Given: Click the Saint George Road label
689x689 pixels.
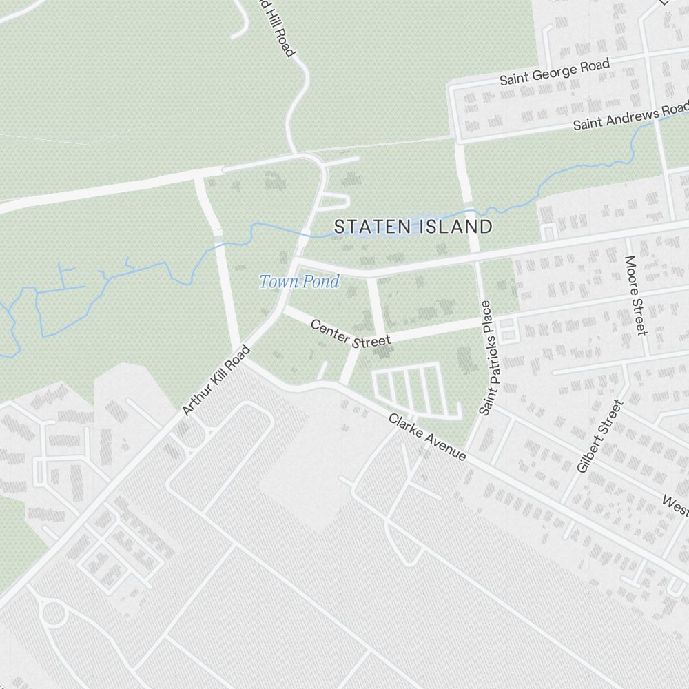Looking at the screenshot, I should pyautogui.click(x=554, y=72).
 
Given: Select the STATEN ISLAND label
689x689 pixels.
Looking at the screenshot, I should pyautogui.click(x=413, y=227).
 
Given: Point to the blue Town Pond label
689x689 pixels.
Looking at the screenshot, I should pyautogui.click(x=299, y=281).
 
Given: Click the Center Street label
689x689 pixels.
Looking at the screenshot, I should pyautogui.click(x=350, y=333).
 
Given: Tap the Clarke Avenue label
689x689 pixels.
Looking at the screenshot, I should pyautogui.click(x=427, y=438).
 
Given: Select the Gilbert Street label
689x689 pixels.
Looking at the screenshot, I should pyautogui.click(x=600, y=436).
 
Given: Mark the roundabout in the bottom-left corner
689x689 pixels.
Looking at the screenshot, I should pyautogui.click(x=53, y=613).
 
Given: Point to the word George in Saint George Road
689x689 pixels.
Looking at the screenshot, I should pyautogui.click(x=561, y=70).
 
